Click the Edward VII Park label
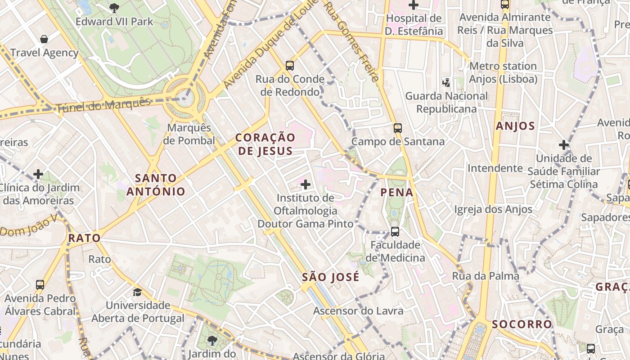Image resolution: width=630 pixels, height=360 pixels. tap(114, 21)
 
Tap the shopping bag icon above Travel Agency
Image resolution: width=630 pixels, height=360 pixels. tap(44, 39)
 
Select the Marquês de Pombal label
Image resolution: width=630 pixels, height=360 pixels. tap(189, 134)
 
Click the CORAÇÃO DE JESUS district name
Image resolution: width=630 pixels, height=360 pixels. tap(265, 144)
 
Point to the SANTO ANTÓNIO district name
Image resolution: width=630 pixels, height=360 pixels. tap(156, 185)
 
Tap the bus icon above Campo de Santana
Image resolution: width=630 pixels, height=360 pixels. tap(397, 128)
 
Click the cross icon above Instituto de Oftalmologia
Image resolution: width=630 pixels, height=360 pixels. tap(306, 184)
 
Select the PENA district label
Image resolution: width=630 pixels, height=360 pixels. tap(396, 193)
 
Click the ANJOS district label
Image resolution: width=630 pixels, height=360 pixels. tap(515, 126)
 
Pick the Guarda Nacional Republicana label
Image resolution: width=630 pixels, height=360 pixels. tap(446, 103)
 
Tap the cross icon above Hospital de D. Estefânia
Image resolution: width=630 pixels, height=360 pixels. tap(414, 5)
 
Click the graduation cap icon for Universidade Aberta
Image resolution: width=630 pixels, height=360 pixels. tap(137, 292)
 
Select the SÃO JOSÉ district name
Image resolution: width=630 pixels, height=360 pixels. tap(331, 277)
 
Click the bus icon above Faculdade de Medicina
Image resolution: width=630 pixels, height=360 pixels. tap(395, 231)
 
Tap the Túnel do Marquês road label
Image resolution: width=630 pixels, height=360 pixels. tap(103, 105)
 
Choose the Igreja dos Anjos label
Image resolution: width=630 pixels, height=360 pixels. tap(493, 209)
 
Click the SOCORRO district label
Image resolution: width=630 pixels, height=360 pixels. tap(522, 324)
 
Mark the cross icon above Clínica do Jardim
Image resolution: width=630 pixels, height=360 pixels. tap(38, 174)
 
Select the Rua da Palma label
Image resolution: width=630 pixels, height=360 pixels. tap(486, 275)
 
